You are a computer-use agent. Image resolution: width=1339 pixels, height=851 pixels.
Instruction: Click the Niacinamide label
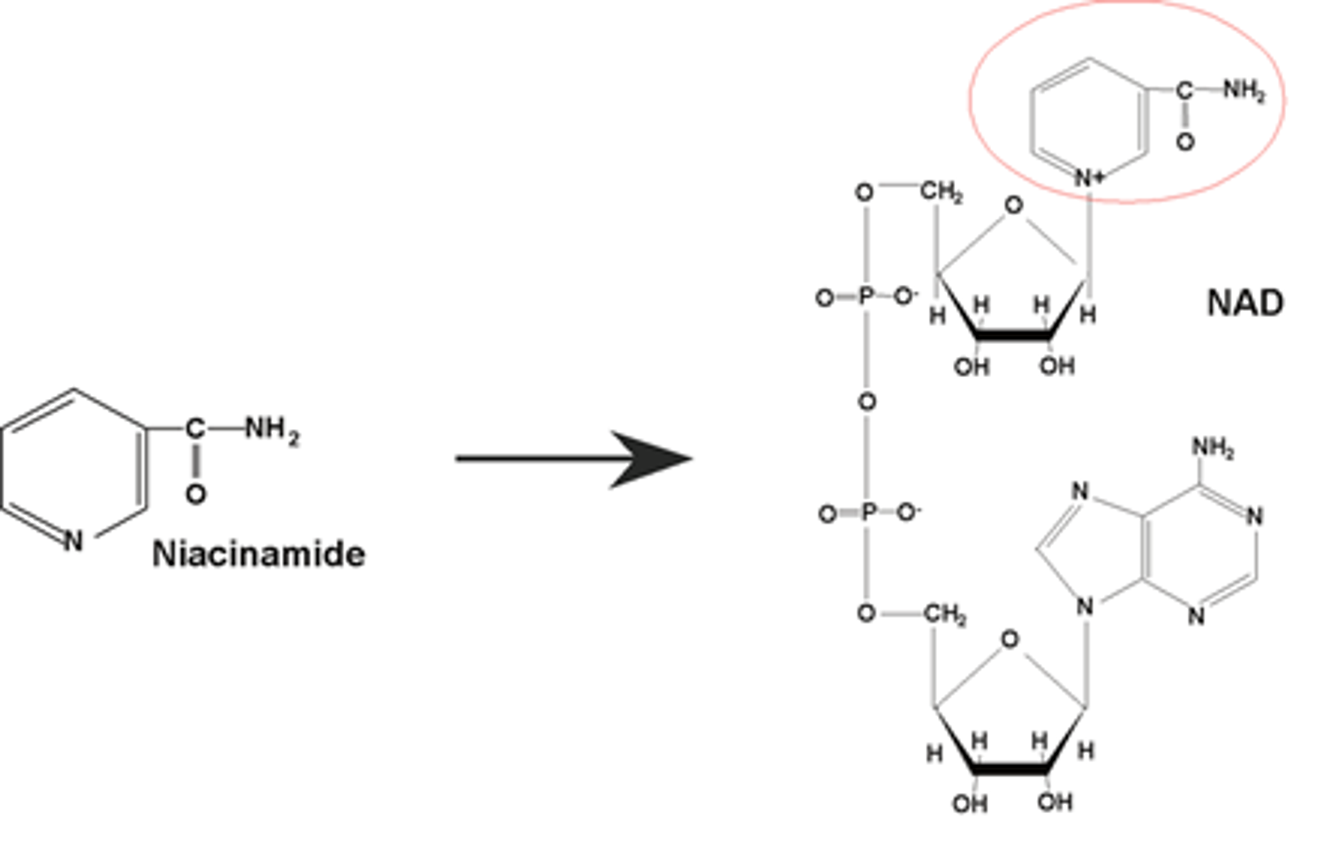pos(259,555)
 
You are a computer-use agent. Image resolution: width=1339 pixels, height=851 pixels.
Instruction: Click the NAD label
pos(1245,304)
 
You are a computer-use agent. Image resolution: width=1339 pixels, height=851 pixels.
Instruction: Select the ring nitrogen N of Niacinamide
pos(73,541)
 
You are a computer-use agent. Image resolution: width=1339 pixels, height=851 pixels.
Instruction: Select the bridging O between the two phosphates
pos(867,401)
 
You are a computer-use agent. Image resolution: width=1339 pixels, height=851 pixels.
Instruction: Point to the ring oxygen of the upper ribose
pos(1013,206)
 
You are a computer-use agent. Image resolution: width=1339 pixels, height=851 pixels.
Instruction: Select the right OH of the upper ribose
pos(1057,366)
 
